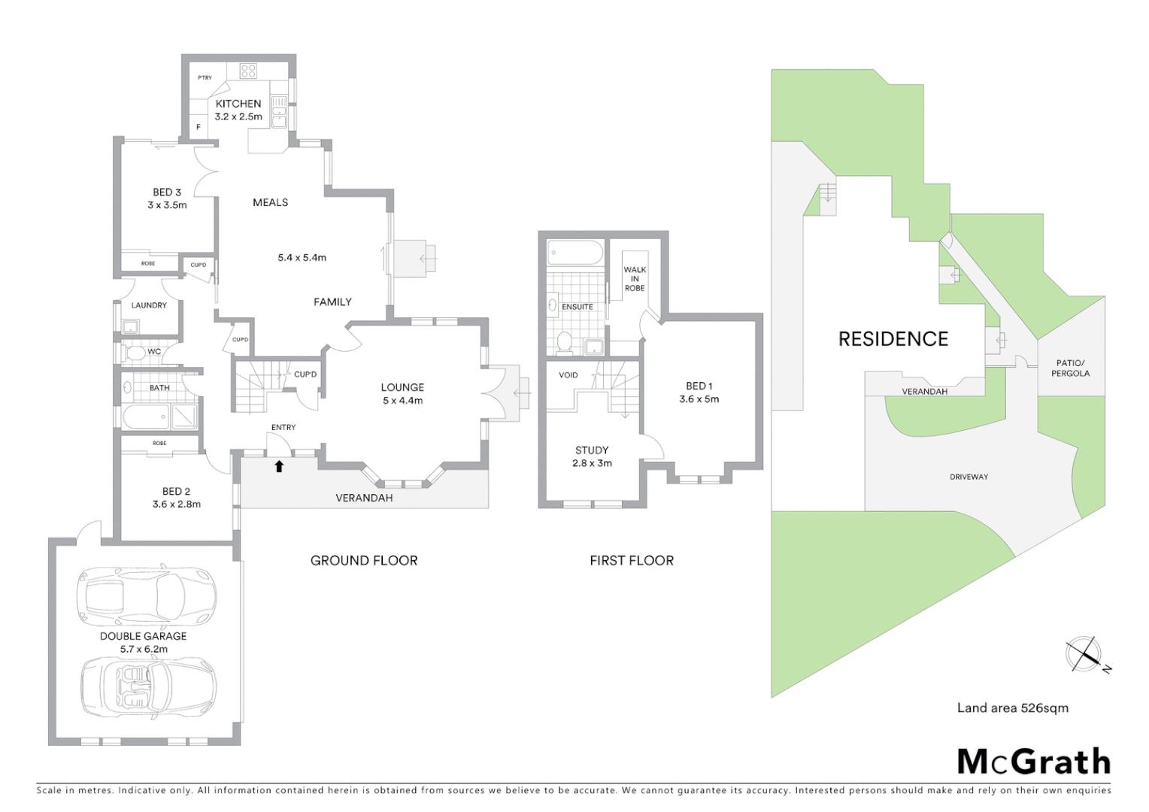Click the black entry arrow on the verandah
click(279, 466)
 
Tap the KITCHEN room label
click(238, 104)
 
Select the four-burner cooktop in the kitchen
click(248, 71)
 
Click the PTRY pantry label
click(205, 78)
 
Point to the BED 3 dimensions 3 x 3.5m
click(167, 205)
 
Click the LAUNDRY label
click(149, 305)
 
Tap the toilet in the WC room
click(135, 352)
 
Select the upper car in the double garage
click(147, 596)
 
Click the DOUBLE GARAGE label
click(143, 636)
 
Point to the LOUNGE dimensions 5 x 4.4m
click(402, 401)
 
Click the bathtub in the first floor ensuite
click(574, 253)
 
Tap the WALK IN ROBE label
click(635, 279)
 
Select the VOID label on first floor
click(568, 375)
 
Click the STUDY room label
click(592, 450)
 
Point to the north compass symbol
click(1084, 654)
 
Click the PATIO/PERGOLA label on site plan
click(1070, 368)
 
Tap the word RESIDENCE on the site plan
click(893, 339)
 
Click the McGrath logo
click(1033, 762)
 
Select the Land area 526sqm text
click(1012, 708)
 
